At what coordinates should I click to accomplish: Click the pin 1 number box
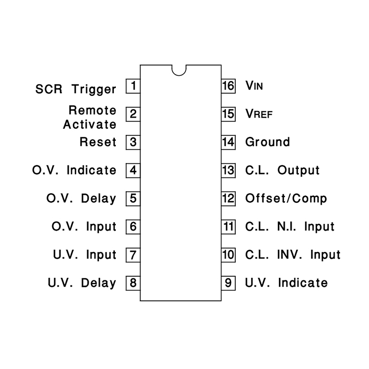coord(133,86)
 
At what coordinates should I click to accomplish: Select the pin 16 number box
coord(228,86)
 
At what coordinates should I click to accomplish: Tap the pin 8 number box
coord(133,283)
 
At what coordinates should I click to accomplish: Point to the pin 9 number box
coord(228,283)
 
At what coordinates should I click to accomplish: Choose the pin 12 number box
coord(228,199)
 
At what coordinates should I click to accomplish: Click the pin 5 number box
coord(133,199)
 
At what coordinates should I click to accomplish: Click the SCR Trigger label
coord(76,89)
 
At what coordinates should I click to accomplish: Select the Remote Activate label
coord(90,117)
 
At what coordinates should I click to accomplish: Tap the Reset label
coord(98,142)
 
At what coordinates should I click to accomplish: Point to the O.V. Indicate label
coord(74,170)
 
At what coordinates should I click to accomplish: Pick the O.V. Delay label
coord(81,199)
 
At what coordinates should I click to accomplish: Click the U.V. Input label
coord(85,255)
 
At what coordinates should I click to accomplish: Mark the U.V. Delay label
coord(82,283)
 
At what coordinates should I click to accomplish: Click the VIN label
coord(254,86)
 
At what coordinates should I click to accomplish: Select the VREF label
coord(259,114)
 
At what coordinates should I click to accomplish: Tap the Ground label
coord(268,142)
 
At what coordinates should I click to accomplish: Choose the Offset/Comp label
coord(286,199)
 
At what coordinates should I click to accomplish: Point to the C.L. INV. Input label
coord(293,255)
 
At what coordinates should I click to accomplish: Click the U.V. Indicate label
coord(286,283)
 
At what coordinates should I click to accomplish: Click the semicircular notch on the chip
coord(179,75)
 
